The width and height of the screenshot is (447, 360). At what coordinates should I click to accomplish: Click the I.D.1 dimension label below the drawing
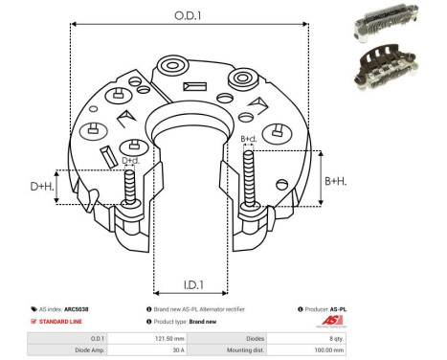[x=192, y=284]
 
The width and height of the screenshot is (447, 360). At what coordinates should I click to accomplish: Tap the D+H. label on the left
[x=41, y=186]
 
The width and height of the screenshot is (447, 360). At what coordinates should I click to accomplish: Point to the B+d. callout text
[x=249, y=139]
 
